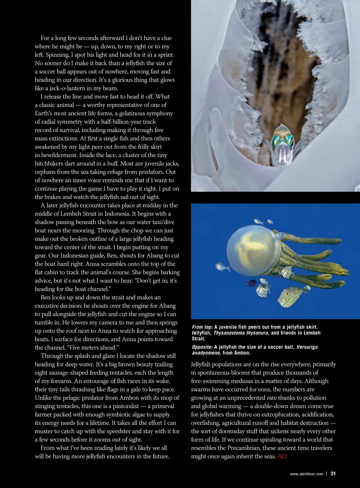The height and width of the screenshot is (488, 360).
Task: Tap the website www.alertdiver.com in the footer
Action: tap(306, 474)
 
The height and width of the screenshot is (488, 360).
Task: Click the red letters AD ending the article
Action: tap(282, 456)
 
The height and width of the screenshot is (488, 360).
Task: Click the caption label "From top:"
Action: tap(202, 327)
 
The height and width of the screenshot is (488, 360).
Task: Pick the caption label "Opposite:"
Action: tap(202, 347)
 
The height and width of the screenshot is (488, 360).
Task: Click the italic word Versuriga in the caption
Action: tap(307, 347)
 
